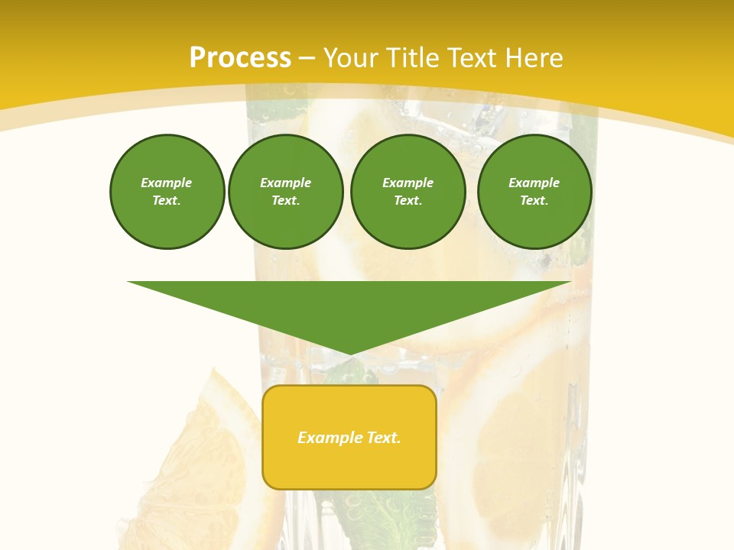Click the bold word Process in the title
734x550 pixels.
[x=240, y=58]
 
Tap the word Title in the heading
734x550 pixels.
[x=411, y=58]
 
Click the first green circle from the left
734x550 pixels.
[x=167, y=192]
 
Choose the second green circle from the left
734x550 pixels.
[x=285, y=192]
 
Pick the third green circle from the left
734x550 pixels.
[x=408, y=192]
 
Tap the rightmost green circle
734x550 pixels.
[x=534, y=192]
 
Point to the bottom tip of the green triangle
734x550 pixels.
[x=349, y=354]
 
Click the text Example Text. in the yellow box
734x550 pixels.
[x=349, y=438]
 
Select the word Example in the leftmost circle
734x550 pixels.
[x=167, y=183]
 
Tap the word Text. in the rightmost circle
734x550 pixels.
[x=534, y=201]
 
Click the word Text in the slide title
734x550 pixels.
[x=471, y=58]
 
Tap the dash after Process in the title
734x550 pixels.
[x=307, y=58]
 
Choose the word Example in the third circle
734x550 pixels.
[x=408, y=183]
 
